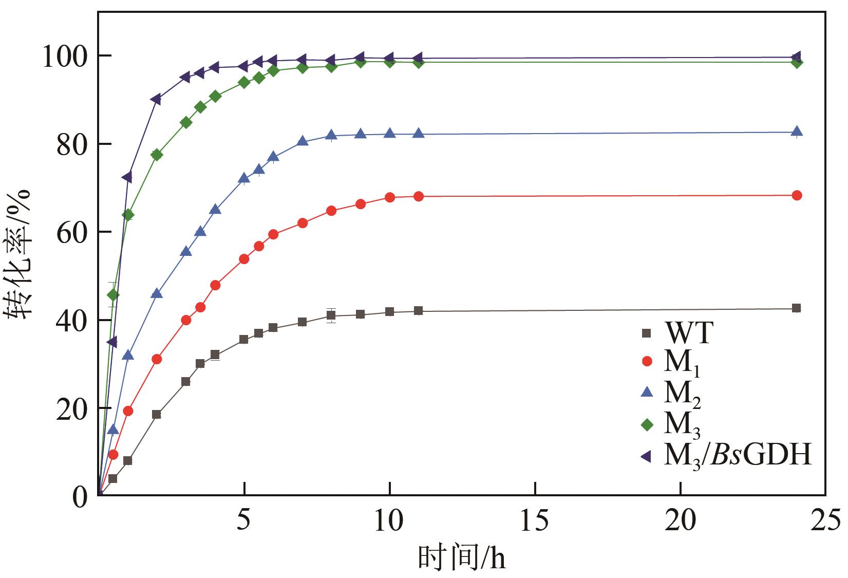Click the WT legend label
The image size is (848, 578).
(689, 333)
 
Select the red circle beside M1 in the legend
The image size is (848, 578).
(647, 361)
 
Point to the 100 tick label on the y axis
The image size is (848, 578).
(63, 57)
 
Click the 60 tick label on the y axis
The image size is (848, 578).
(71, 233)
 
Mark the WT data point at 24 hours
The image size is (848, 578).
(796, 308)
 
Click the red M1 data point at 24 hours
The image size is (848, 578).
(797, 195)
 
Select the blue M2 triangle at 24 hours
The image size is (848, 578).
(797, 132)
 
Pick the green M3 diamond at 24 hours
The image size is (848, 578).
(797, 63)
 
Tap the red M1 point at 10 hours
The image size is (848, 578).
(390, 197)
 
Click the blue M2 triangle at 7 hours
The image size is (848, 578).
(303, 141)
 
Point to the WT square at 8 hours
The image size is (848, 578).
(331, 315)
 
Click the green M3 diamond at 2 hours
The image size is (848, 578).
(157, 155)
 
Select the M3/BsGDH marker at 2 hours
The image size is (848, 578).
(156, 99)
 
